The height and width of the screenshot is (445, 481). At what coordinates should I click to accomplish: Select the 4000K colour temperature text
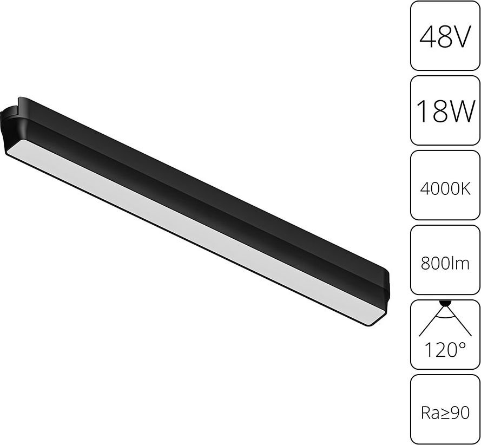[x=445, y=189]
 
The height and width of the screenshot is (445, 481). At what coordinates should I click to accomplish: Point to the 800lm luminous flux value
[x=445, y=264]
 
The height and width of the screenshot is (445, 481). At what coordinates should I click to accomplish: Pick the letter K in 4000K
[x=466, y=189]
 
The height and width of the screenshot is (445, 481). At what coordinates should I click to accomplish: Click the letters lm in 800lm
[x=462, y=264]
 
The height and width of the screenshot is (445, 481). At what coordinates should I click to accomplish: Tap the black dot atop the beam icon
[x=445, y=303]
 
